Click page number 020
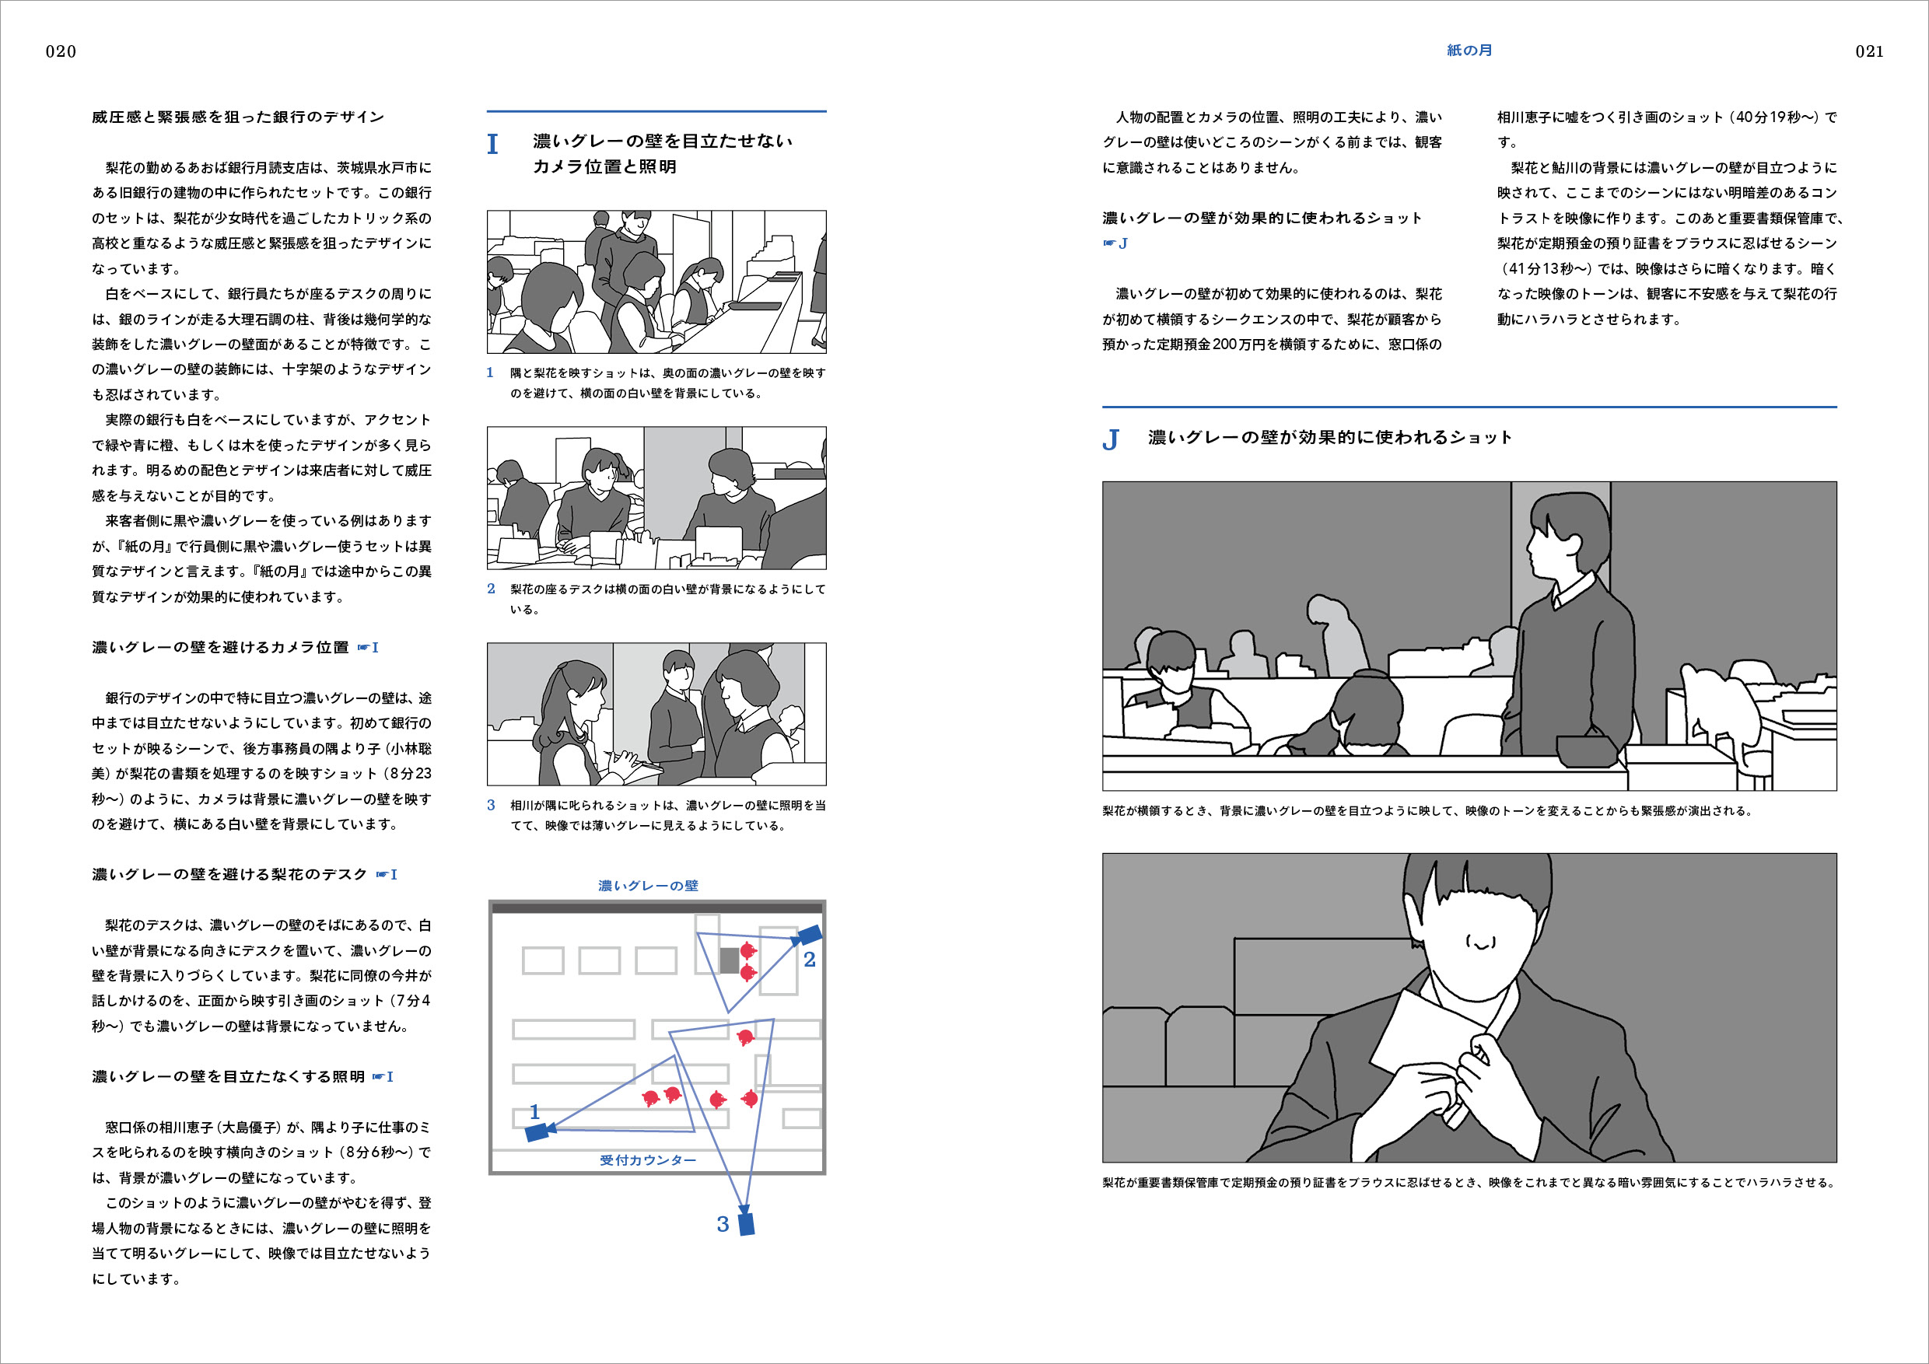pyautogui.click(x=61, y=51)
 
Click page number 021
pyautogui.click(x=1869, y=51)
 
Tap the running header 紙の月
pyautogui.click(x=1469, y=51)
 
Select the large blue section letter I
pyautogui.click(x=492, y=145)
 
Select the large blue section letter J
pyautogui.click(x=1110, y=439)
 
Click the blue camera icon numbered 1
pyautogui.click(x=537, y=1133)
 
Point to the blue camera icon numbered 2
pyautogui.click(x=810, y=934)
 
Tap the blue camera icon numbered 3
pyautogui.click(x=746, y=1224)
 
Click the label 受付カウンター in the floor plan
pyautogui.click(x=648, y=1160)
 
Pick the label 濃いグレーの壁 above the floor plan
pyautogui.click(x=648, y=885)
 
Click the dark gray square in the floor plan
pyautogui.click(x=730, y=960)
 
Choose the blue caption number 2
pyautogui.click(x=491, y=589)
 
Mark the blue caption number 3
pyautogui.click(x=491, y=805)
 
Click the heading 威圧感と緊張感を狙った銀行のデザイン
pyautogui.click(x=238, y=117)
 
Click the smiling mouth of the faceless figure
pyautogui.click(x=1481, y=943)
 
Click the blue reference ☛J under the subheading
pyautogui.click(x=1115, y=243)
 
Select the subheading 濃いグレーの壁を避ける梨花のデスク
pyautogui.click(x=229, y=874)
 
